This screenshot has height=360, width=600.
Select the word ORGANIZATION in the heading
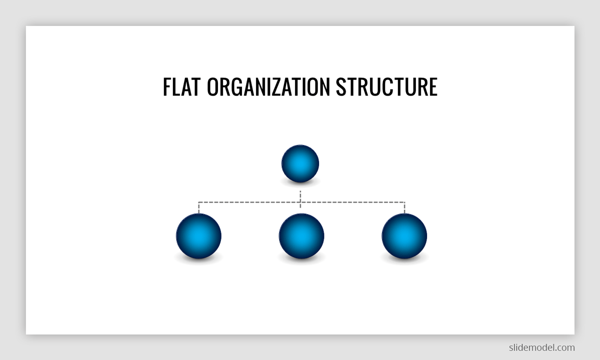(x=268, y=86)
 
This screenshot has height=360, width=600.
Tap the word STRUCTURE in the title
(x=386, y=86)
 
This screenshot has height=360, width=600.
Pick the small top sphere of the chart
(x=300, y=163)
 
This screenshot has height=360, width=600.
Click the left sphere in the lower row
(x=198, y=236)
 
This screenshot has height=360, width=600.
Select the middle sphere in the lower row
(x=301, y=236)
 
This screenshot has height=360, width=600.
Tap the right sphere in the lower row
(x=404, y=236)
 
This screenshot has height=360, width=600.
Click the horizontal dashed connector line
(x=250, y=202)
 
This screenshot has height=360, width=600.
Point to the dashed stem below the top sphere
(x=300, y=195)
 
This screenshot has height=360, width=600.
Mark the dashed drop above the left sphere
(x=198, y=207)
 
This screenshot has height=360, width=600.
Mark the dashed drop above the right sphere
(x=404, y=207)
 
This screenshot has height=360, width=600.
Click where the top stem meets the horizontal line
(x=300, y=202)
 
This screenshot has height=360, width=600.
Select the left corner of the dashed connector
(x=198, y=202)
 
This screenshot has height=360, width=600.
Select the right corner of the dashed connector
(x=404, y=202)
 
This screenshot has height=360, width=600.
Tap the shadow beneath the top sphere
(x=300, y=184)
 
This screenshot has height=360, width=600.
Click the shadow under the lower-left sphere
(x=198, y=259)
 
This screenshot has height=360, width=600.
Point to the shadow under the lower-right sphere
(x=404, y=259)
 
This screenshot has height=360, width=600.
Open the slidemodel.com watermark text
(x=541, y=347)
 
